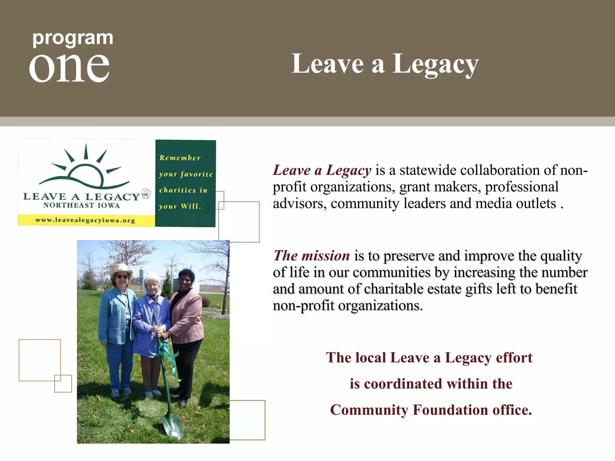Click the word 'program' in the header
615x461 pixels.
click(73, 38)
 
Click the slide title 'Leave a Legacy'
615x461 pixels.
click(385, 64)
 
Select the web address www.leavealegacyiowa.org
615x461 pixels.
click(85, 220)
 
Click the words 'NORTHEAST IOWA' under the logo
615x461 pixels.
click(81, 205)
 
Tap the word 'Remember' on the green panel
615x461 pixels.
click(180, 158)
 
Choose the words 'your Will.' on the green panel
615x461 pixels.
click(180, 206)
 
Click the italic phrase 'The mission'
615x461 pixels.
click(312, 256)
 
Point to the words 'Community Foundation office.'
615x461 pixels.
click(431, 410)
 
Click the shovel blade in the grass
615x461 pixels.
click(172, 426)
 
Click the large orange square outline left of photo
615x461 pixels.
click(40, 360)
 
